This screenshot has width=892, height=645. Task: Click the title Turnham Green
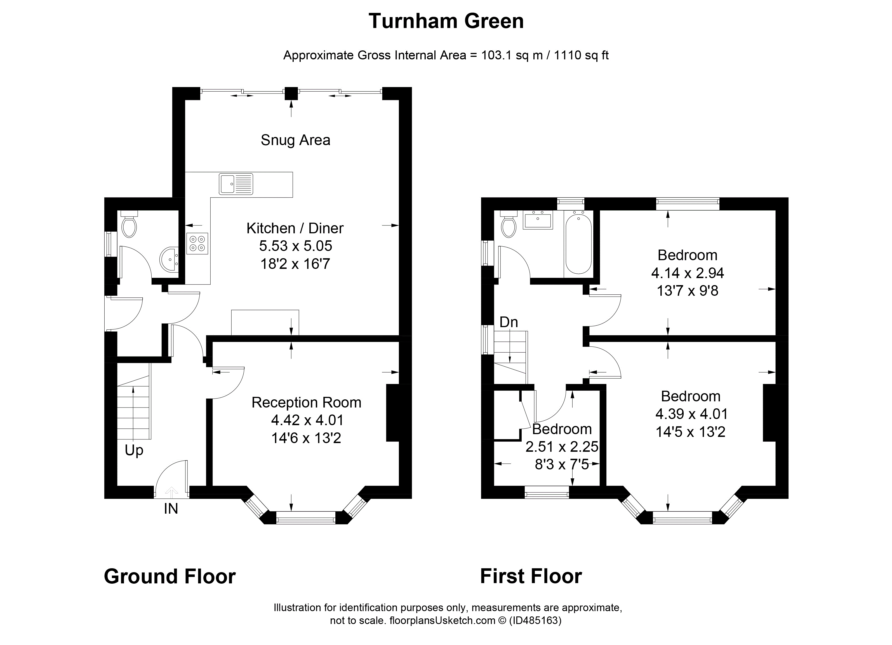tap(446, 21)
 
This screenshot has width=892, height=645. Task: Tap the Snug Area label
tap(295, 140)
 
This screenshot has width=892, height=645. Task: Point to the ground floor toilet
tap(129, 224)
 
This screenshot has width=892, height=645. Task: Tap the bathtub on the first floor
tap(578, 242)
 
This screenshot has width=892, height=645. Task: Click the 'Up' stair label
tap(134, 450)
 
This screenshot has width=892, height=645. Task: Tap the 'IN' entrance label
tap(171, 509)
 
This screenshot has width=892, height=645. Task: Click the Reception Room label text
tap(306, 402)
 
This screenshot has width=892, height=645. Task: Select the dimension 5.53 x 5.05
tap(295, 246)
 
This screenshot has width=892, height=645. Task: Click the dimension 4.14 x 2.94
tap(688, 273)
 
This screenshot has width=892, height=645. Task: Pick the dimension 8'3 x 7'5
tap(562, 465)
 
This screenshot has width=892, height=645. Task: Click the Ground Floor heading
tap(170, 576)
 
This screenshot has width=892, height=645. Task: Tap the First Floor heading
tap(531, 576)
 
